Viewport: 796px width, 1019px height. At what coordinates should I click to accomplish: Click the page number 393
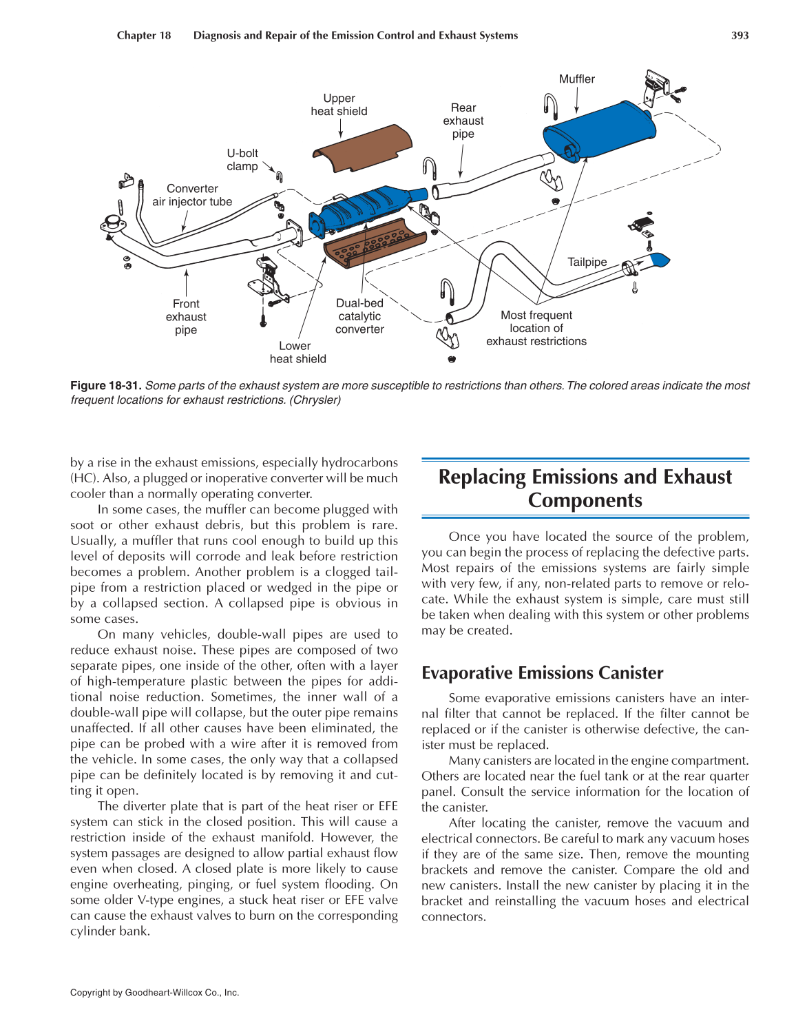pos(740,36)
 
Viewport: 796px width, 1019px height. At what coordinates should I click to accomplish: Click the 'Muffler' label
pos(576,79)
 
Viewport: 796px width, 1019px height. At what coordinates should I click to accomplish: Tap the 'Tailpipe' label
pos(587,262)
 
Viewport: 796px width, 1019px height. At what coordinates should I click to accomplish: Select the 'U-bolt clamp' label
pos(242,160)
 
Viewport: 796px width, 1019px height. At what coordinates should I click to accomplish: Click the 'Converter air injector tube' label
pos(192,195)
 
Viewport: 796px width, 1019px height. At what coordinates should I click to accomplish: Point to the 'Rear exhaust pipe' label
pos(463,121)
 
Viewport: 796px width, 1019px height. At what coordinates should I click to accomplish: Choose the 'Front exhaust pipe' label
pos(186,317)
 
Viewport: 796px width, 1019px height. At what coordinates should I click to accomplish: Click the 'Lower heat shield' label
pos(297,352)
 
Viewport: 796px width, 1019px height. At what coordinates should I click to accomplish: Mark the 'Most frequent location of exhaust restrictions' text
pos(536,328)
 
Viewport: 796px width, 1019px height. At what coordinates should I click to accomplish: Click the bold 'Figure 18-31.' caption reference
pos(106,386)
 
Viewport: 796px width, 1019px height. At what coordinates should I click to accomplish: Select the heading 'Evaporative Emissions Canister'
pos(542,673)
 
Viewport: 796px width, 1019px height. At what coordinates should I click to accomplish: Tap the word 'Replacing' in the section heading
pos(482,477)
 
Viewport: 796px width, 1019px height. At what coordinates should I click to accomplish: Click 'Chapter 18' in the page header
pos(144,36)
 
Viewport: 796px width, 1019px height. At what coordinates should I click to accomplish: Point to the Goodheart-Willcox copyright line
pos(154,993)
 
